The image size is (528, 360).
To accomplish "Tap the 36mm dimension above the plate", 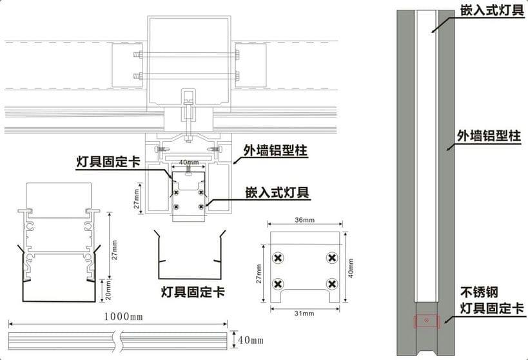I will pos(306,221).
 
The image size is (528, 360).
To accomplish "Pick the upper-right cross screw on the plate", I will pos(331,258).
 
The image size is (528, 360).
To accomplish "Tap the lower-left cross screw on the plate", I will pos(278,284).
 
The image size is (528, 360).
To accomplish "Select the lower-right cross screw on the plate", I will pos(331,284).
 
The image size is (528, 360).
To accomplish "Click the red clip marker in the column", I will pos(425,320).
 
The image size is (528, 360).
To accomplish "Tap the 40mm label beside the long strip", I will pos(251,340).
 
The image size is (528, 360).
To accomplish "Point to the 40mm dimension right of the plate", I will pos(350,266).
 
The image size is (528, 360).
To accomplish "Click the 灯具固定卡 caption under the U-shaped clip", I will pos(193,292).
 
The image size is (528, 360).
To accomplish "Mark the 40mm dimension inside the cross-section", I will pos(188,162).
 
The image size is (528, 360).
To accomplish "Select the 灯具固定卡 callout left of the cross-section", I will pos(108,162).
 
